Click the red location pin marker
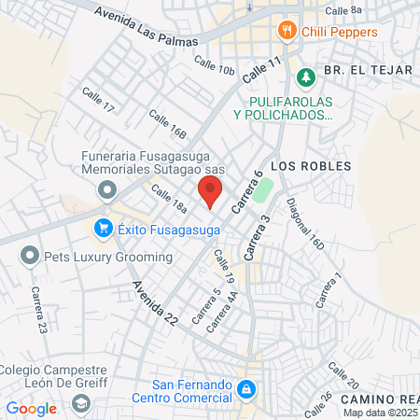pos(210,192)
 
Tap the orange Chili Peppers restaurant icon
pos(287,32)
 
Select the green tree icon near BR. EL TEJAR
pos(302,76)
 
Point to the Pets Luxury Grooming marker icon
pos(30,255)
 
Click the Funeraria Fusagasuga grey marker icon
pos(106,190)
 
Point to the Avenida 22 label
pos(154,302)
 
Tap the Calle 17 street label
pos(98,101)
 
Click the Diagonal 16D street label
pos(305,225)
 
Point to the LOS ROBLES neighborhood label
pos(311,165)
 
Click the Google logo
pos(31,408)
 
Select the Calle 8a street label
pos(343,11)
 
